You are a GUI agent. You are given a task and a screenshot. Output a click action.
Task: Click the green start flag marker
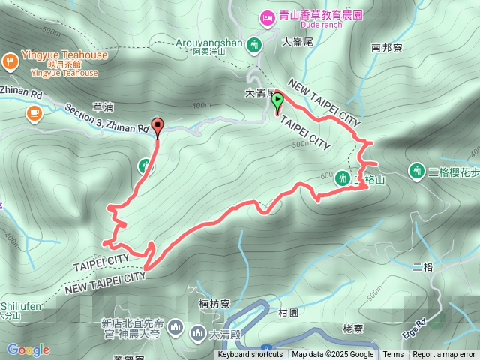click(277, 100)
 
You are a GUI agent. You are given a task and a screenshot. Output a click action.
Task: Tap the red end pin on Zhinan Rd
click(157, 126)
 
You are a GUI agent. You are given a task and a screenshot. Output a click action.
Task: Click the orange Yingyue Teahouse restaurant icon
click(11, 61)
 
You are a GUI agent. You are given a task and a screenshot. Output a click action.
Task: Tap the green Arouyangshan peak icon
click(255, 44)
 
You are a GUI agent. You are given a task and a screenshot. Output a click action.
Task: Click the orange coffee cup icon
click(33, 113)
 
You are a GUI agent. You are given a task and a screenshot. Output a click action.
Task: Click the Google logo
click(28, 349)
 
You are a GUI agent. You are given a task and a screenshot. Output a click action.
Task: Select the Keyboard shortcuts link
click(250, 355)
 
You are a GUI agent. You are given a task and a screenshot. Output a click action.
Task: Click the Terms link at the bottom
click(393, 355)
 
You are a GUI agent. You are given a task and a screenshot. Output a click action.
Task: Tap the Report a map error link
click(444, 355)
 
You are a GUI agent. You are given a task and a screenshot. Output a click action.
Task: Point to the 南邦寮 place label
click(388, 47)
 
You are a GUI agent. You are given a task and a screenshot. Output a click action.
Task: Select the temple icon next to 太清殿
click(198, 330)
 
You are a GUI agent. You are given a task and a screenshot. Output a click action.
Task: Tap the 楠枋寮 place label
click(214, 304)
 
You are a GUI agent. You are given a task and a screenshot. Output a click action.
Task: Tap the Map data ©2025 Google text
click(332, 355)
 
